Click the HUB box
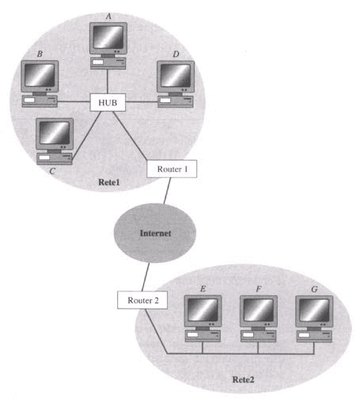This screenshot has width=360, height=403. point(108,102)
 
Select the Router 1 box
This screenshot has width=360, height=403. point(172,169)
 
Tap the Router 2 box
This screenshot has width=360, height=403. point(142,300)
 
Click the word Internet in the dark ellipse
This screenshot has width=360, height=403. point(155,234)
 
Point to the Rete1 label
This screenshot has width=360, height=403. point(109,182)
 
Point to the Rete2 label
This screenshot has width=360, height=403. point(243,379)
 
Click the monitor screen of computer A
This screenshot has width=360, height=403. point(108,37)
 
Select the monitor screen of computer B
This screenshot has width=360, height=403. point(40,75)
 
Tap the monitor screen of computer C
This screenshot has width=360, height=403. point(55,133)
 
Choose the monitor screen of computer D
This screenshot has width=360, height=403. point(176,76)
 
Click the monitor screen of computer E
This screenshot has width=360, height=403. point(203,310)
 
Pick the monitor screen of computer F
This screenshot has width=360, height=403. point(259,310)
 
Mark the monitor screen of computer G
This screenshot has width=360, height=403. point(314,310)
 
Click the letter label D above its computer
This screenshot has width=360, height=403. point(176,55)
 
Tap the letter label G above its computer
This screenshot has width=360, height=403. point(314,289)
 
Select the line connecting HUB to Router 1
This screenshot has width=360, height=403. point(130,135)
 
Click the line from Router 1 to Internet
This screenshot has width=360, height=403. point(167,191)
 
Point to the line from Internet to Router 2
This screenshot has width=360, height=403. point(146,277)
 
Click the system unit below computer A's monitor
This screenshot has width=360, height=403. point(108,63)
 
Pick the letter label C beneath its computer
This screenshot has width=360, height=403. point(52,171)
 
